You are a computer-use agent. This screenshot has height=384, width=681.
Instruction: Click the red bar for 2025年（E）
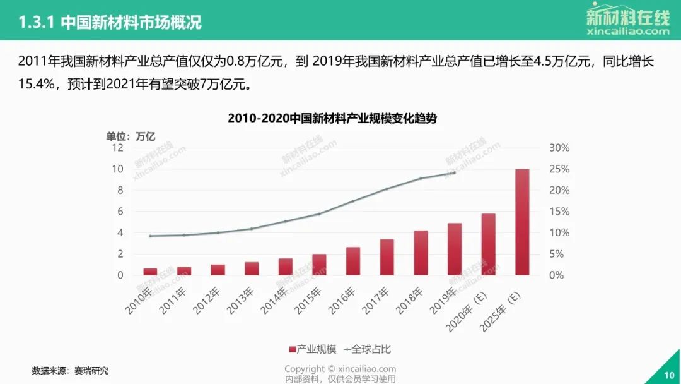522,222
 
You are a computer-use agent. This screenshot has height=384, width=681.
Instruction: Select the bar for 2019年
455,249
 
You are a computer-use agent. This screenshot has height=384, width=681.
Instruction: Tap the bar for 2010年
150,272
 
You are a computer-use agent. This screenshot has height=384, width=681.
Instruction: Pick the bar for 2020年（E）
489,244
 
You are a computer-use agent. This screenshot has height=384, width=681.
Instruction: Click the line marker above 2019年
455,172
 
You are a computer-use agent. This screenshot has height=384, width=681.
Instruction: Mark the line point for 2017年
387,189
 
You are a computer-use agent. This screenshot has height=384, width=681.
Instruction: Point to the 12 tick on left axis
117,148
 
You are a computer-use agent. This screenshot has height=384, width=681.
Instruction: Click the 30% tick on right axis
559,148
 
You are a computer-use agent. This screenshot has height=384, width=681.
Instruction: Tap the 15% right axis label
559,212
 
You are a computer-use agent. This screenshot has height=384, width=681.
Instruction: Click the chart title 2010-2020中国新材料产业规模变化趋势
332,118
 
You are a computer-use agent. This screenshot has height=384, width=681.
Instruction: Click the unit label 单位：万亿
131,135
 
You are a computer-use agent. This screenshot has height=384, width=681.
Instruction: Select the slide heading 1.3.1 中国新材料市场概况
110,23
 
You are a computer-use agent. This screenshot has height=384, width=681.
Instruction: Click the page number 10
669,375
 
